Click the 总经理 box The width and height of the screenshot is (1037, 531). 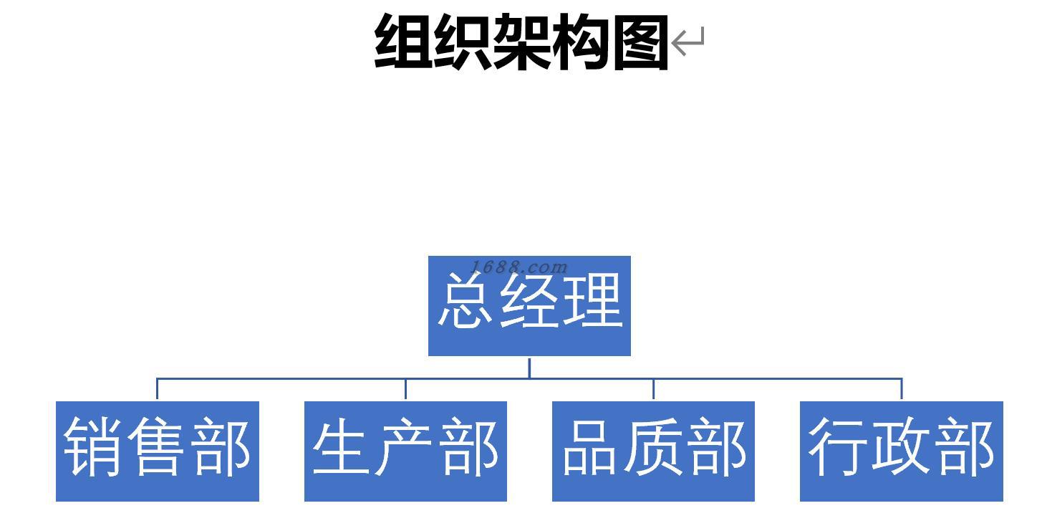coord(529,306)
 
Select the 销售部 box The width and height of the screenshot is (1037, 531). coord(158,451)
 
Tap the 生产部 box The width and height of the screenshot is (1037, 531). coord(405,451)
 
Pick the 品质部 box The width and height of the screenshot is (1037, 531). coord(653,451)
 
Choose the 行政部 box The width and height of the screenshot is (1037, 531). coord(901,451)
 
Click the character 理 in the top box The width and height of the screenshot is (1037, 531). coord(593,302)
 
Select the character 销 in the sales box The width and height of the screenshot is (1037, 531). coord(93,448)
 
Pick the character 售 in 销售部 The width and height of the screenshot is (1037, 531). coord(158,448)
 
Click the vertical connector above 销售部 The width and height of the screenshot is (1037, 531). coord(158,389)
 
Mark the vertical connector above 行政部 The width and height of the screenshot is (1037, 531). coord(901,389)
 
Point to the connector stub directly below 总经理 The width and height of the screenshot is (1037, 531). coord(529,367)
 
